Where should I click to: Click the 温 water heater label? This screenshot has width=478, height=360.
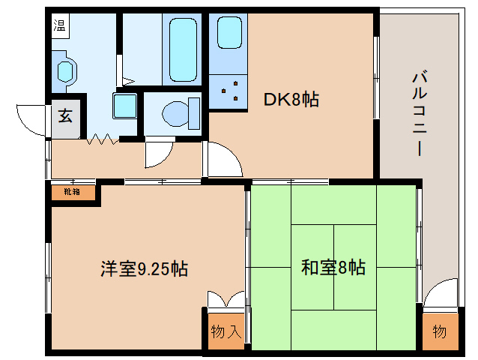pos(59,26)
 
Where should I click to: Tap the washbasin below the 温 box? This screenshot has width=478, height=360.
pos(66,72)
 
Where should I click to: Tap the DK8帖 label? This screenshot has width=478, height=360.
pos(291,98)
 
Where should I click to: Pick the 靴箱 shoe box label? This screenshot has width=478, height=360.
pos(73,192)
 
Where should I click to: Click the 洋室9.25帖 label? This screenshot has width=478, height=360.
pos(145,267)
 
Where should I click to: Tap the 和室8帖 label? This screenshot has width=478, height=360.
pos(333,267)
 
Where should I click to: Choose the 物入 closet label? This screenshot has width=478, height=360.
pos(226,331)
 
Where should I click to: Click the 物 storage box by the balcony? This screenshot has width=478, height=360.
pos(439,331)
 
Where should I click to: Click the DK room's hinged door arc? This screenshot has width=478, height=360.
pos(223,160)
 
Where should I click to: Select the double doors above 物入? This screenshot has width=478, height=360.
pos(226,298)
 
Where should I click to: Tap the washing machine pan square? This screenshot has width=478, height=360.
pos(125,105)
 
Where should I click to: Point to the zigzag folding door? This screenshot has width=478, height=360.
pos(103,139)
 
